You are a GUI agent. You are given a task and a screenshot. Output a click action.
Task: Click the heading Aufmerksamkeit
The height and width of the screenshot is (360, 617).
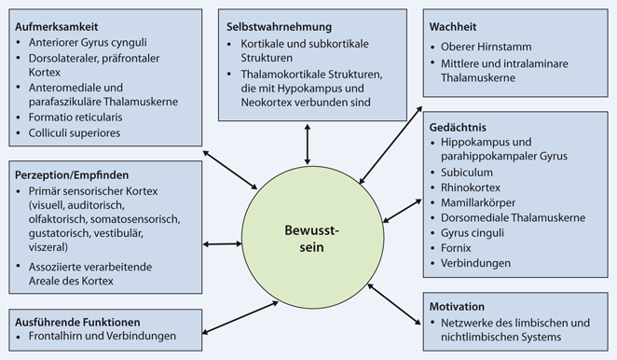[62, 25]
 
